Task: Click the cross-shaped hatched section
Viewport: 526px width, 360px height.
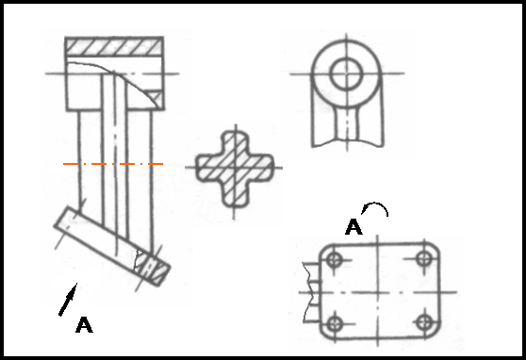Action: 235,168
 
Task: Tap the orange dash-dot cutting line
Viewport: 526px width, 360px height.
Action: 113,164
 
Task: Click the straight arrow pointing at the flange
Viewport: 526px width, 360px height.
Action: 68,300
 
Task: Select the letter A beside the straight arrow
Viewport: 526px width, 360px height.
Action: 84,325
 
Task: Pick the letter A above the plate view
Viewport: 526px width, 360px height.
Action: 353,227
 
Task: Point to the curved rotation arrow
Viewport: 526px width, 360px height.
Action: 376,204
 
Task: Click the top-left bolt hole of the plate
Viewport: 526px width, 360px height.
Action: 334,259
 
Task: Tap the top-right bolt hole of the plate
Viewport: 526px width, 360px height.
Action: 424,258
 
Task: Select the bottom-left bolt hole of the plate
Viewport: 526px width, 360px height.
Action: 335,324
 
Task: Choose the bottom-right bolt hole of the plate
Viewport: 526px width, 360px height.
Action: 425,322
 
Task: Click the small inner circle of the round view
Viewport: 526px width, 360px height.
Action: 347,74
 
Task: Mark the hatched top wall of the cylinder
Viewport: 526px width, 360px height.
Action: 114,46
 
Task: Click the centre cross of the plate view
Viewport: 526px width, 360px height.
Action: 378,292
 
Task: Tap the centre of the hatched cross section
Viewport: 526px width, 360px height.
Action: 235,167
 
